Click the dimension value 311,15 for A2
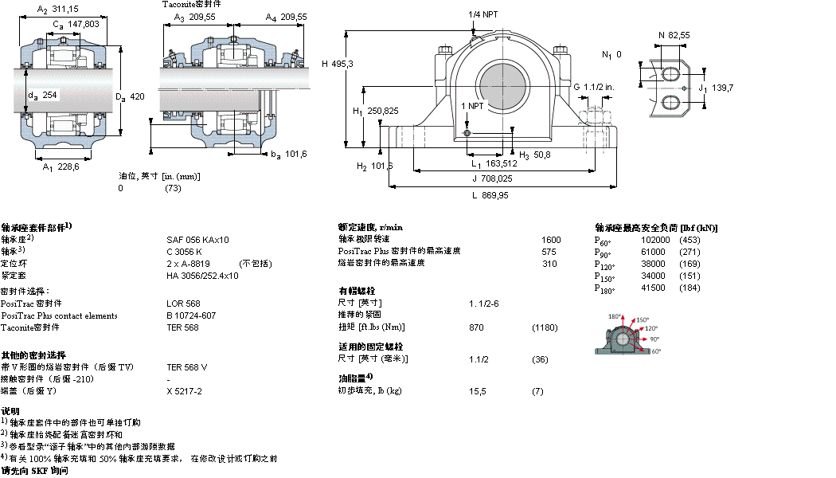point(65,9)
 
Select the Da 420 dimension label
point(130,96)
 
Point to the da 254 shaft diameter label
point(44,95)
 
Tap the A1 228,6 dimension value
point(61,167)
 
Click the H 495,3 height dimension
point(338,64)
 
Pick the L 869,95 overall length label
point(490,195)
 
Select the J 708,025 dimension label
point(489,178)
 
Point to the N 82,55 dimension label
point(674,35)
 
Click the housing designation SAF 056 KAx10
point(197,239)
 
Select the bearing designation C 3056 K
point(184,251)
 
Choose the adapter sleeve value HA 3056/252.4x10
point(202,275)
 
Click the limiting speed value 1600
point(551,239)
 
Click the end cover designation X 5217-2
point(184,391)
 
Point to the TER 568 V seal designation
point(187,366)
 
